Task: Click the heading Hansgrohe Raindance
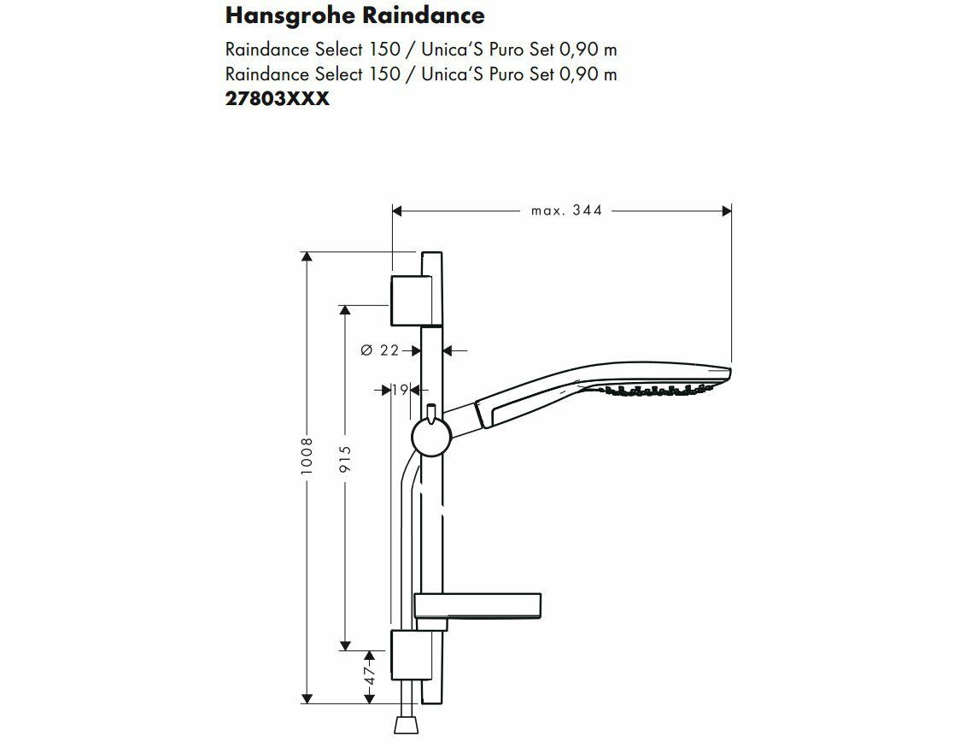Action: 354,16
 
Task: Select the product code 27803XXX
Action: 278,98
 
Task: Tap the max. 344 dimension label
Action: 566,211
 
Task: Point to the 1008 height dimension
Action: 307,456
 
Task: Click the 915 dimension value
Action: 345,460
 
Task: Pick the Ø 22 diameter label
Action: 379,350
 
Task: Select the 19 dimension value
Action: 401,390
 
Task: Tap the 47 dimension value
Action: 369,675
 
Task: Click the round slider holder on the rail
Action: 431,437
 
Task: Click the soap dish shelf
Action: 477,605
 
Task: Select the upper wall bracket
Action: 415,300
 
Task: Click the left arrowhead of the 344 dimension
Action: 397,211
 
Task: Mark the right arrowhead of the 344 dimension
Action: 727,211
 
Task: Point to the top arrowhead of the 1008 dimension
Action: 307,256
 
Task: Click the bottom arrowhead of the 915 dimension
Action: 345,645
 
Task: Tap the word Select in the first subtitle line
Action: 338,49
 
